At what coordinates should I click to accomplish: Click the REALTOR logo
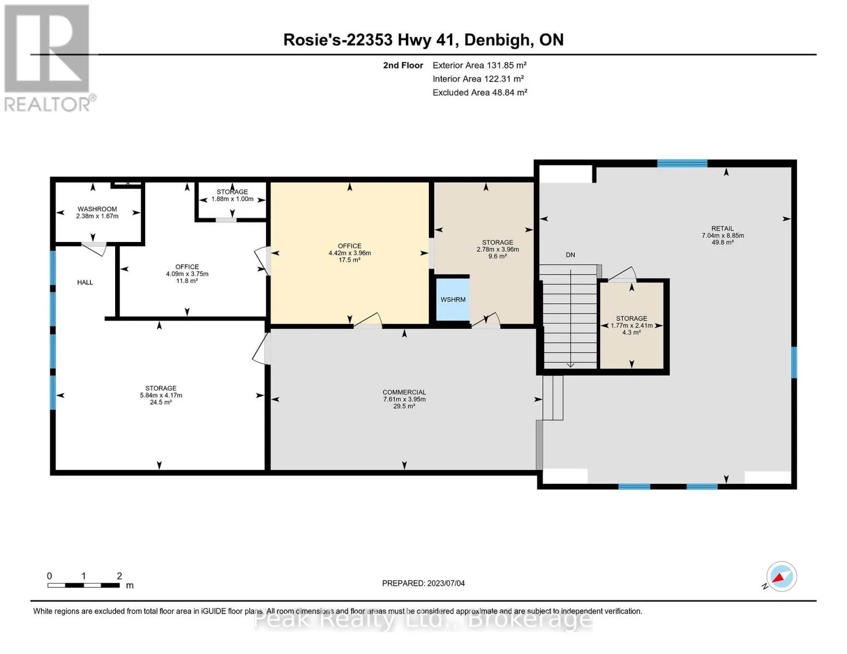click(49, 58)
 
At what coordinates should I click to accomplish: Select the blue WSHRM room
click(453, 299)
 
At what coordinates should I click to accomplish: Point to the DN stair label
click(570, 255)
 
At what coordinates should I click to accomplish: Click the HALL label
click(85, 282)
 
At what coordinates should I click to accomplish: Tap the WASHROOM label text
click(97, 209)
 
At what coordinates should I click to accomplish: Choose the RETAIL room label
click(722, 228)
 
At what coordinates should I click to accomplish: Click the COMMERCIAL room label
click(404, 392)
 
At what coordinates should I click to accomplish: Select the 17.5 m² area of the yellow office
click(349, 260)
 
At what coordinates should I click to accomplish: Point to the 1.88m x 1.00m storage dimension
click(232, 199)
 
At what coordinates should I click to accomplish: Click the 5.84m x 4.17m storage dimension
click(161, 395)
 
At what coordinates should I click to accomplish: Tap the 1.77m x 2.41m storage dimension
click(632, 325)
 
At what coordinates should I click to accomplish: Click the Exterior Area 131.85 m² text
click(479, 65)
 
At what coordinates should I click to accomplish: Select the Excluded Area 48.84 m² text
click(480, 92)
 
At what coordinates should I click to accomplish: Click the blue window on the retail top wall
click(682, 163)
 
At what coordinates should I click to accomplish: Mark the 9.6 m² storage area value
click(497, 256)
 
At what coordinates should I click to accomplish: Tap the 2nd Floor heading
click(403, 65)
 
